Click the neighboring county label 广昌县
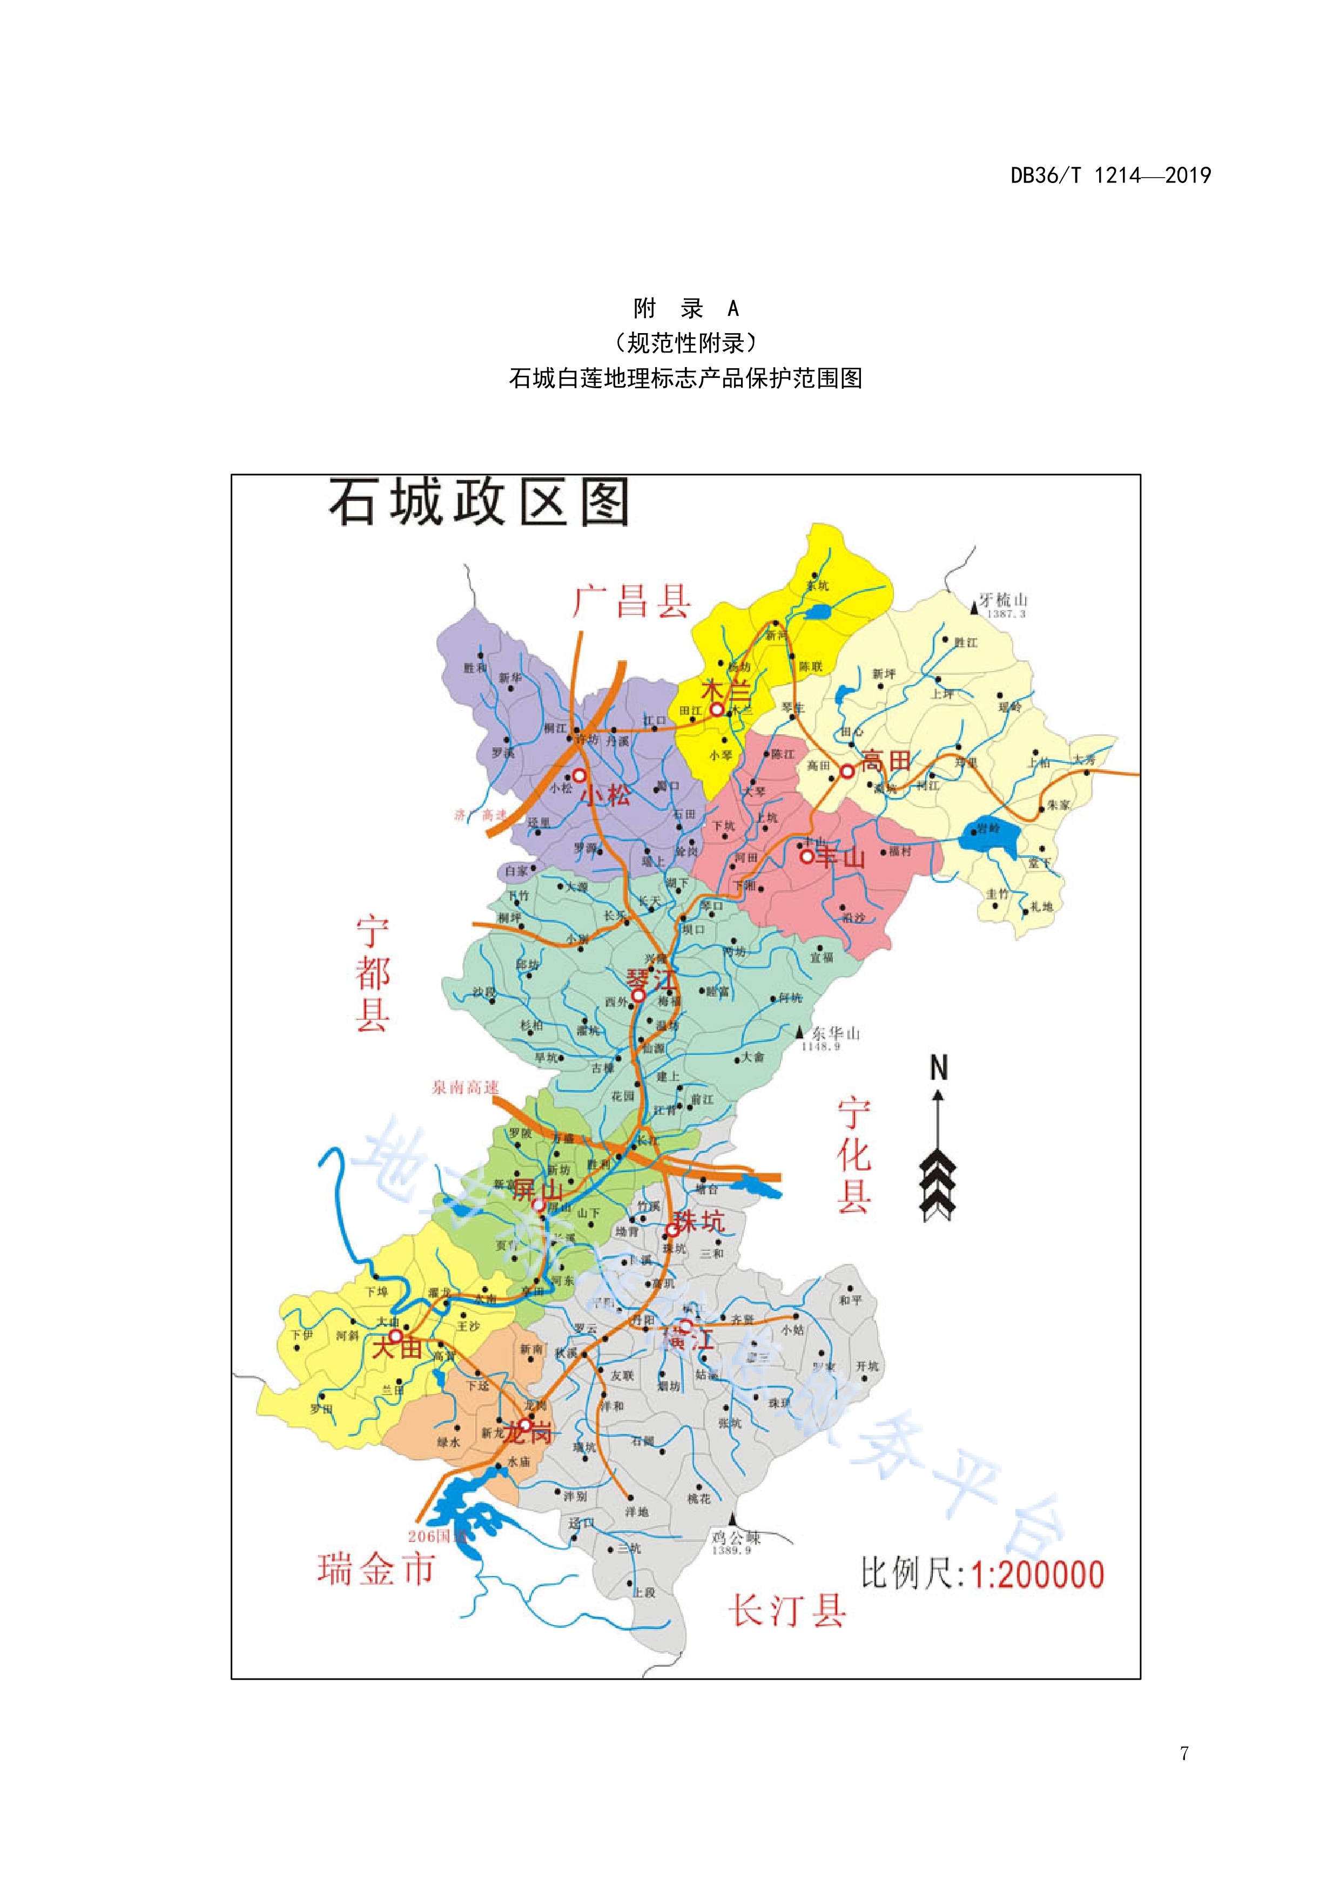point(632,601)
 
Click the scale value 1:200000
point(1037,1575)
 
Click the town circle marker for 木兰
point(717,709)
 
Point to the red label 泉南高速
point(466,1087)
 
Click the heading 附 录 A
point(686,308)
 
